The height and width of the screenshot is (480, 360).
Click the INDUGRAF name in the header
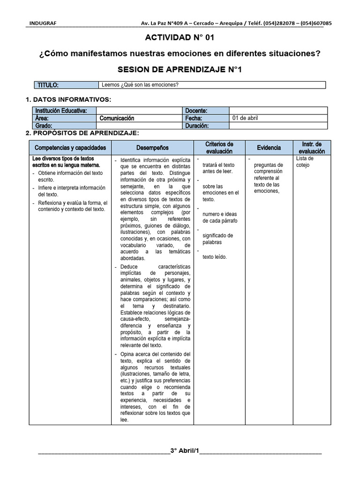[x=40, y=23]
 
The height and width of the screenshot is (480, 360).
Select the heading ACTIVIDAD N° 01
[x=180, y=37]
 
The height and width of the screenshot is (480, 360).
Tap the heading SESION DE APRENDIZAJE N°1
[x=180, y=70]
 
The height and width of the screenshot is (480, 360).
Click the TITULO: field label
[x=48, y=85]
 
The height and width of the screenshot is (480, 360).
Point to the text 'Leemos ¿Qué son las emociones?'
[x=140, y=85]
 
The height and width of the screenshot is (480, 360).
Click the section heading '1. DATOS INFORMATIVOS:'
[x=68, y=99]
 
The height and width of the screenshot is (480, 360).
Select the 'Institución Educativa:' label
[x=61, y=111]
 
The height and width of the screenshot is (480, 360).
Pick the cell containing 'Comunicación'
[x=117, y=119]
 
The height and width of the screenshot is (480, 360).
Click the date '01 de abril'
[x=245, y=118]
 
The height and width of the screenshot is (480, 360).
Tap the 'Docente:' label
[x=196, y=111]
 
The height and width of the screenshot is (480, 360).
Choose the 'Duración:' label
[x=198, y=126]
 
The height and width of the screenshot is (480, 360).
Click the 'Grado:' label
[x=43, y=126]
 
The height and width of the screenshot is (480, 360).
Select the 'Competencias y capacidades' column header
[x=70, y=148]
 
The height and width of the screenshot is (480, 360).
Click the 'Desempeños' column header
[x=152, y=148]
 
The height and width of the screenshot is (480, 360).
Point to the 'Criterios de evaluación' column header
[x=219, y=148]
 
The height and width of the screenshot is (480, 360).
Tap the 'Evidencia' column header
[x=269, y=148]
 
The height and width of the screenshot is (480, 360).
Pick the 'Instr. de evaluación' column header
[x=312, y=148]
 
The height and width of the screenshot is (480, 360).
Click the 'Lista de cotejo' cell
[x=305, y=162]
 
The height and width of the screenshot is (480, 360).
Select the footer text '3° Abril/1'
[x=185, y=451]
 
